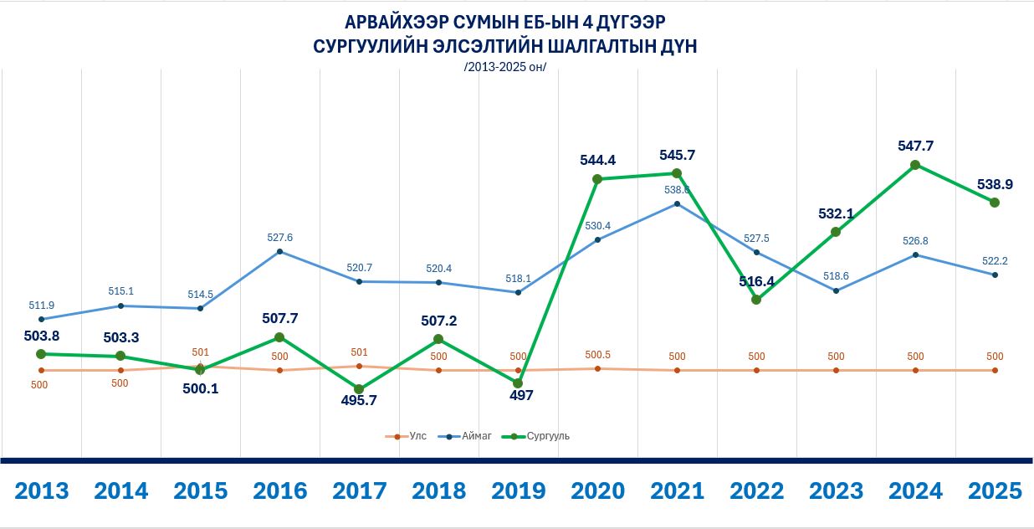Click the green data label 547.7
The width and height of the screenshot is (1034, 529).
pyautogui.click(x=915, y=146)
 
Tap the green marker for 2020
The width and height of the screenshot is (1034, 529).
pyautogui.click(x=597, y=178)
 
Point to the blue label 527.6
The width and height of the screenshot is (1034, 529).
pyautogui.click(x=279, y=238)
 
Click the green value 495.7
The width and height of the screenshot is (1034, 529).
pyautogui.click(x=359, y=400)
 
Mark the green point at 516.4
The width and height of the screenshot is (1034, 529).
pyautogui.click(x=756, y=299)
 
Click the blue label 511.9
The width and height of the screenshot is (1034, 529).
pyautogui.click(x=41, y=305)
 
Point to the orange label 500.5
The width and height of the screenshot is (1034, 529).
pyautogui.click(x=597, y=355)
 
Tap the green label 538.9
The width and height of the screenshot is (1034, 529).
pyautogui.click(x=995, y=183)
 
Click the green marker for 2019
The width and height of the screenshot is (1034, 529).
pyautogui.click(x=518, y=383)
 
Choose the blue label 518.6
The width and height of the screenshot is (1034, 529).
pyautogui.click(x=836, y=276)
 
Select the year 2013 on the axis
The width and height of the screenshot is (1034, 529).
pyautogui.click(x=41, y=490)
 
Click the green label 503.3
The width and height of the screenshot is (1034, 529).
pyautogui.click(x=120, y=336)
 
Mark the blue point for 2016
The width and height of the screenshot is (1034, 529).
pyautogui.click(x=279, y=251)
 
